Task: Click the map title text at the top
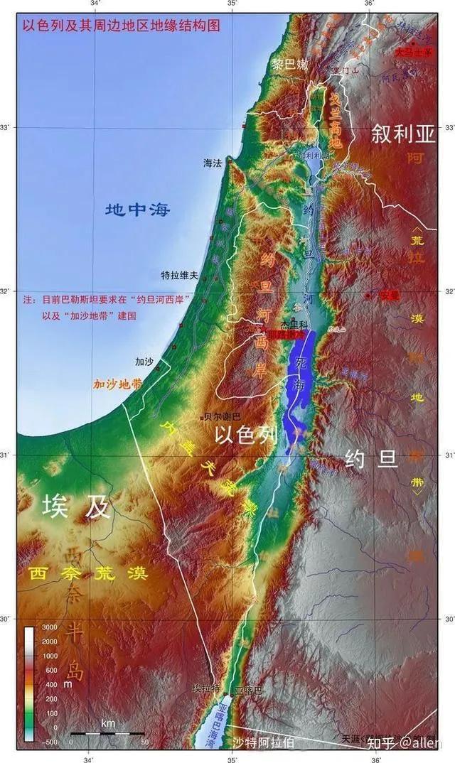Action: click(x=122, y=26)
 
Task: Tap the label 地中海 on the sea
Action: click(x=138, y=210)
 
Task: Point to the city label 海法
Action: click(x=213, y=163)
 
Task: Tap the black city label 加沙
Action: click(x=144, y=362)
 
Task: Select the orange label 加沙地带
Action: click(x=117, y=384)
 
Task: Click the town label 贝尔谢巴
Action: click(x=222, y=416)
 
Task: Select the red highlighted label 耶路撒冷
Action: click(x=285, y=334)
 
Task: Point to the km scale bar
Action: click(x=107, y=732)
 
